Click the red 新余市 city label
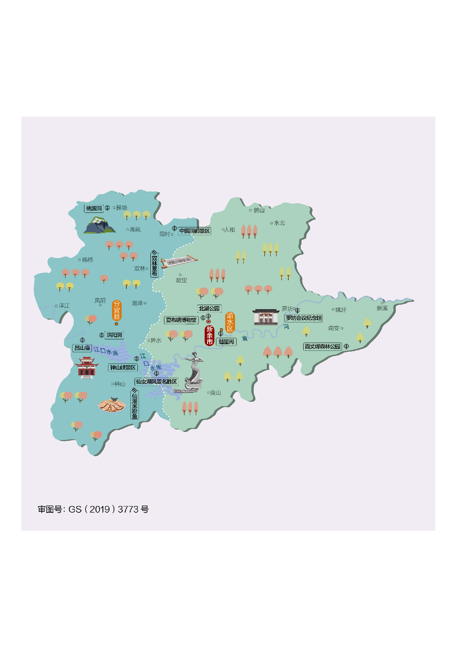coord(209,335)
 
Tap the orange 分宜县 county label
coord(116,310)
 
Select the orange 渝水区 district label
coord(230,322)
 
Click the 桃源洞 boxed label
coord(94,208)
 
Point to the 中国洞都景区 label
coord(195,231)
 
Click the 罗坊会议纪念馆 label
coord(304,318)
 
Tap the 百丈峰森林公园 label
coord(322,346)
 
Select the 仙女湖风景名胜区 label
coord(157,381)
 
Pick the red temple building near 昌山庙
coord(87,367)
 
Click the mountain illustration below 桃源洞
coord(99,225)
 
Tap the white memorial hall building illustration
coord(266,317)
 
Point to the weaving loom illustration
coord(179,261)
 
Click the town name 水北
coord(279,223)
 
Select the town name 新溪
coord(382,308)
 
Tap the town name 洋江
coord(64,305)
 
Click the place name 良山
coord(215,393)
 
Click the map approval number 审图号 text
coord(93,509)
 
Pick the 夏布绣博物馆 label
coord(181,320)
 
